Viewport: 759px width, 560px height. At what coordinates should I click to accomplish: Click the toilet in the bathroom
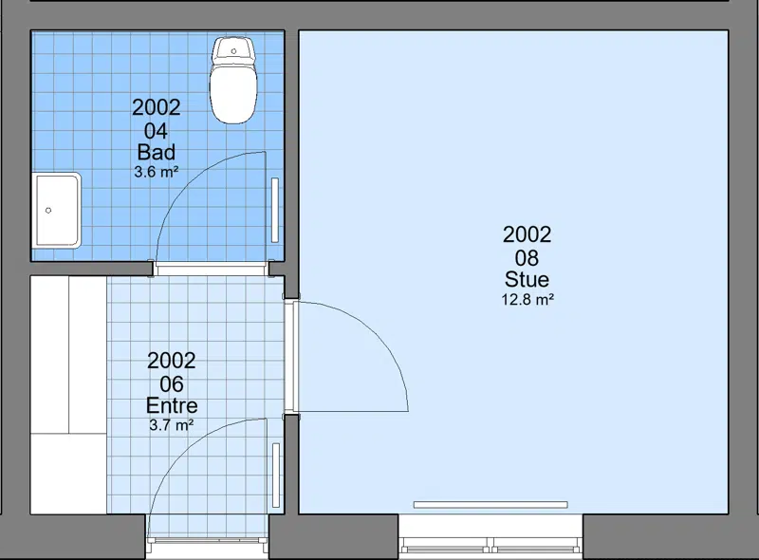pyautogui.click(x=233, y=80)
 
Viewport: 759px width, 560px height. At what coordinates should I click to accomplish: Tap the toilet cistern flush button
pyautogui.click(x=233, y=51)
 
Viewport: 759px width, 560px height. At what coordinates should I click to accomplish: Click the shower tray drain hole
pyautogui.click(x=48, y=211)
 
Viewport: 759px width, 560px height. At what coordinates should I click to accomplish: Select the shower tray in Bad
pyautogui.click(x=57, y=211)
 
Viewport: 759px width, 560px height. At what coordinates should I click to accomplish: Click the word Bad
pyautogui.click(x=156, y=152)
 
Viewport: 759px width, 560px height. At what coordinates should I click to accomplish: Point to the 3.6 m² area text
pyautogui.click(x=156, y=172)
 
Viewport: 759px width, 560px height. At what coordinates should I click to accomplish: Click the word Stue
pyautogui.click(x=527, y=279)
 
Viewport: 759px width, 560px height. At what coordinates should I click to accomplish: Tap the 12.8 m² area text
pyautogui.click(x=528, y=299)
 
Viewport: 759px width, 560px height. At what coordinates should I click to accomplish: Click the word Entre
pyautogui.click(x=172, y=405)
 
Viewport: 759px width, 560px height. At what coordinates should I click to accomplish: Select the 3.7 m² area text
pyautogui.click(x=172, y=425)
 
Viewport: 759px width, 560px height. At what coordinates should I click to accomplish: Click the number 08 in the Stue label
pyautogui.click(x=527, y=258)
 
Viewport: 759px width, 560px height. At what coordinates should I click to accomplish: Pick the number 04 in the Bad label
pyautogui.click(x=156, y=131)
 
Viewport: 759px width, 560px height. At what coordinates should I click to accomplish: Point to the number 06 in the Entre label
pyautogui.click(x=172, y=384)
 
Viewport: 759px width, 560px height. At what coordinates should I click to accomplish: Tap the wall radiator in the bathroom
pyautogui.click(x=275, y=211)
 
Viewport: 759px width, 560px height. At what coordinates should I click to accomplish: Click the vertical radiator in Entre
pyautogui.click(x=276, y=476)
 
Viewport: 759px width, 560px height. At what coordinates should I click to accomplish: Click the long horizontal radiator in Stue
pyautogui.click(x=491, y=505)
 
